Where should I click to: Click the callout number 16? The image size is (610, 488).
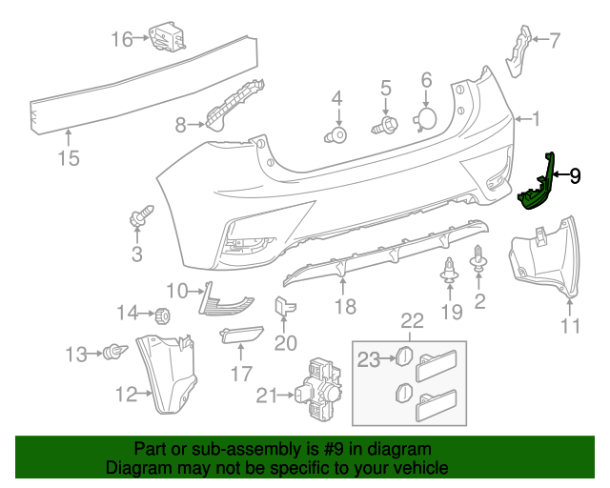click(121, 39)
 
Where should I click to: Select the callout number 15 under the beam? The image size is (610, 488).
click(69, 158)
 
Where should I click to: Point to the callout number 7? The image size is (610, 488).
click(555, 39)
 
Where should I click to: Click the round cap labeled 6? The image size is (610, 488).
click(424, 117)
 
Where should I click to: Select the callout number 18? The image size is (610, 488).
click(345, 306)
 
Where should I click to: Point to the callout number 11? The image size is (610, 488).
click(570, 326)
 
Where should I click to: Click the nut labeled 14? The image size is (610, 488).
click(161, 314)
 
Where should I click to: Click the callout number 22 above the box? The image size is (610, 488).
click(411, 321)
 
